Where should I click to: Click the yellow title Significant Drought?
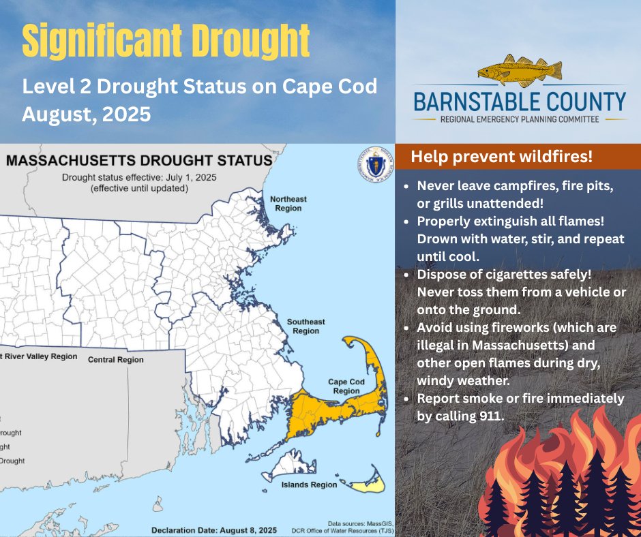(x=166, y=42)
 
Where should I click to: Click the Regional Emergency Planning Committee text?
(x=520, y=119)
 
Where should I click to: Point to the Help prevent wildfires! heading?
(x=501, y=157)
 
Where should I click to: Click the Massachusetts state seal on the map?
(x=372, y=168)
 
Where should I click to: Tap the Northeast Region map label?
(x=288, y=204)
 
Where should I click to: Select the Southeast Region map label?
(x=305, y=326)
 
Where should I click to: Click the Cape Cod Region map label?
(x=346, y=386)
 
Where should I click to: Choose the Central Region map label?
(x=116, y=360)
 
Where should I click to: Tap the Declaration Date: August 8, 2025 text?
(x=213, y=530)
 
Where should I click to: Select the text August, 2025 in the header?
(x=86, y=113)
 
